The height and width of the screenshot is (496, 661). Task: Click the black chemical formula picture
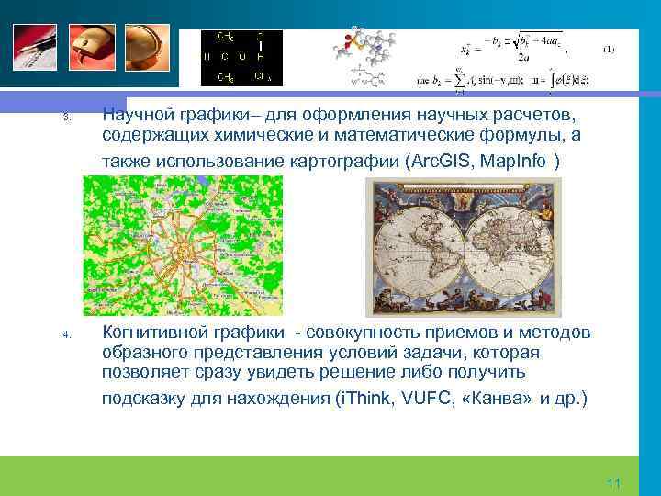coord(241,58)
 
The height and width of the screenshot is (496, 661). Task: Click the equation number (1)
coord(609,48)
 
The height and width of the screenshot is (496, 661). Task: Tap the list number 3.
coord(66,118)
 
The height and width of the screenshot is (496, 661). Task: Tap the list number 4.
coord(66,334)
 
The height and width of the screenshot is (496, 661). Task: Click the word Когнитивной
coord(155,332)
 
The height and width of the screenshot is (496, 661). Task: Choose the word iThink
coord(368,400)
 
